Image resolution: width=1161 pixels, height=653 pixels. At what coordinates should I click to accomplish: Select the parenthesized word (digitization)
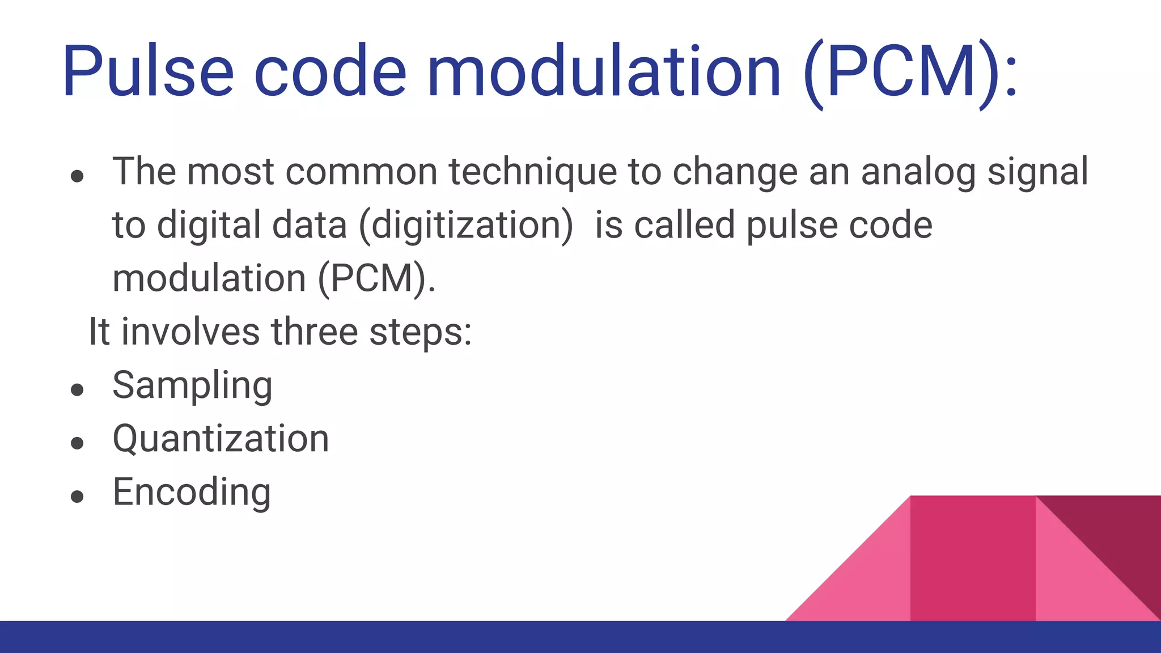[467, 226]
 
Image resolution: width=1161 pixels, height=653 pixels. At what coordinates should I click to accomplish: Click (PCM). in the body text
[377, 278]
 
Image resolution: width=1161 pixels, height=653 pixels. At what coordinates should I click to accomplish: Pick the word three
[314, 332]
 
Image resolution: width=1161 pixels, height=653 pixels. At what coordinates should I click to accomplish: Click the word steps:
[421, 333]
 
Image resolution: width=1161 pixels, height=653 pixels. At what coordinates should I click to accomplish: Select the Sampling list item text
[193, 385]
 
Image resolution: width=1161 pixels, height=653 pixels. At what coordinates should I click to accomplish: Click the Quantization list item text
[221, 439]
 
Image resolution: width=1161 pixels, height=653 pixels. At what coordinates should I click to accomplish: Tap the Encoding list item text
[192, 492]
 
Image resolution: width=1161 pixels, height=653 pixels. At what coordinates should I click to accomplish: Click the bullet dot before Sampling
[78, 390]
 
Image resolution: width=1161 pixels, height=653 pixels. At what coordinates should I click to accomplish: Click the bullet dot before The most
[78, 176]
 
